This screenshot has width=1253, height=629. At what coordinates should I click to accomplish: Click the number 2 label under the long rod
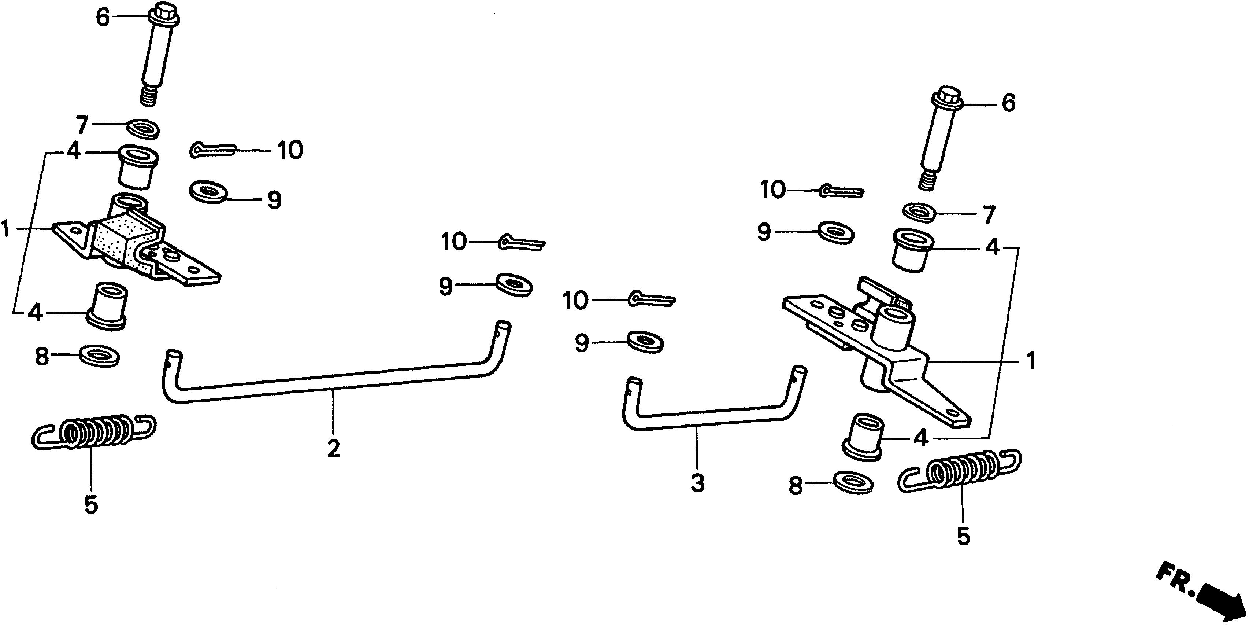pos(333,448)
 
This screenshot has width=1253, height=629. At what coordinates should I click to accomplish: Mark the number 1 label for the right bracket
pos(1031,362)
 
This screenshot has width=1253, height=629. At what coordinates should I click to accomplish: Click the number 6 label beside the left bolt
pos(103,18)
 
